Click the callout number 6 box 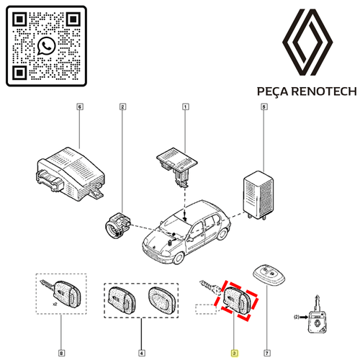(80, 107)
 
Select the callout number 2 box (122, 107)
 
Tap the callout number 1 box (185, 107)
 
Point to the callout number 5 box (264, 107)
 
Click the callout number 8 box (61, 353)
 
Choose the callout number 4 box (142, 353)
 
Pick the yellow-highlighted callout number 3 (234, 353)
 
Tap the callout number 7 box (267, 353)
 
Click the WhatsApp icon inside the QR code (46, 46)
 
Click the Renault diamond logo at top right (307, 42)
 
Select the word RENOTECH (324, 91)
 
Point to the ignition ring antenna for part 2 (117, 225)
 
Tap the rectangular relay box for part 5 (258, 195)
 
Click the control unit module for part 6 (71, 174)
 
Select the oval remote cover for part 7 (269, 275)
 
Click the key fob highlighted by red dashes (238, 300)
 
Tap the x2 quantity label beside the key (55, 304)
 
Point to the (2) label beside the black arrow (297, 317)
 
